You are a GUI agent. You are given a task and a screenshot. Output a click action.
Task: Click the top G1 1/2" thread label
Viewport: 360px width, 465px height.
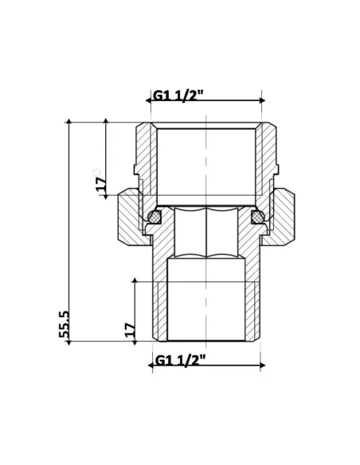(x=178, y=96)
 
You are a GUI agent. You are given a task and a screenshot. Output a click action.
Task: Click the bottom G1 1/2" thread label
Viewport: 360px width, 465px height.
(x=180, y=359)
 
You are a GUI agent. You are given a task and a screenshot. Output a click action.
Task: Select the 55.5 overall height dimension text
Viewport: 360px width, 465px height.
(x=64, y=325)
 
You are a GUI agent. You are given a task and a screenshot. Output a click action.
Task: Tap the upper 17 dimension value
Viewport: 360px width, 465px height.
(x=100, y=183)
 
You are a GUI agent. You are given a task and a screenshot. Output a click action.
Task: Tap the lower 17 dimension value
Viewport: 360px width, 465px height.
(x=130, y=329)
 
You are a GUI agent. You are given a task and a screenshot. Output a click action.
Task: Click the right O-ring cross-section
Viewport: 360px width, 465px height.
(x=257, y=216)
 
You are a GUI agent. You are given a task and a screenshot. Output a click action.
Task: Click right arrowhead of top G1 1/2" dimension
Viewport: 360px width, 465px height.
(x=263, y=100)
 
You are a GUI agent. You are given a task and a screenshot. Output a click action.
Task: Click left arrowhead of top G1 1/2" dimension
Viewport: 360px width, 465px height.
(x=149, y=100)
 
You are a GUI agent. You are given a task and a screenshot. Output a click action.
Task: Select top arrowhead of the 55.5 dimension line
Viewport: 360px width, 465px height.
(x=69, y=123)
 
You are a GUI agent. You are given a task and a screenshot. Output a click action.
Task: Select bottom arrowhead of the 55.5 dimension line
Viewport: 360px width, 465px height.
(x=69, y=342)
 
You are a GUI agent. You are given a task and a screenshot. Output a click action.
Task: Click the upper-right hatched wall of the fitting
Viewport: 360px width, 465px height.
(x=268, y=155)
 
